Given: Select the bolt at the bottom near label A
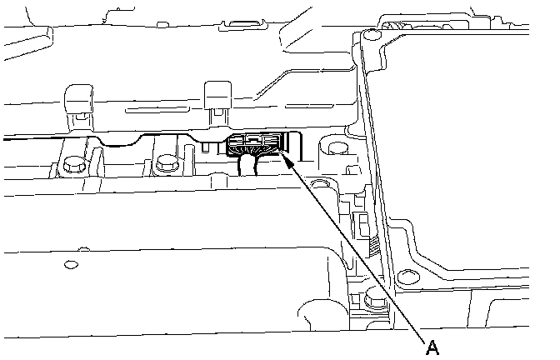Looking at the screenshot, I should pyautogui.click(x=372, y=297).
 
